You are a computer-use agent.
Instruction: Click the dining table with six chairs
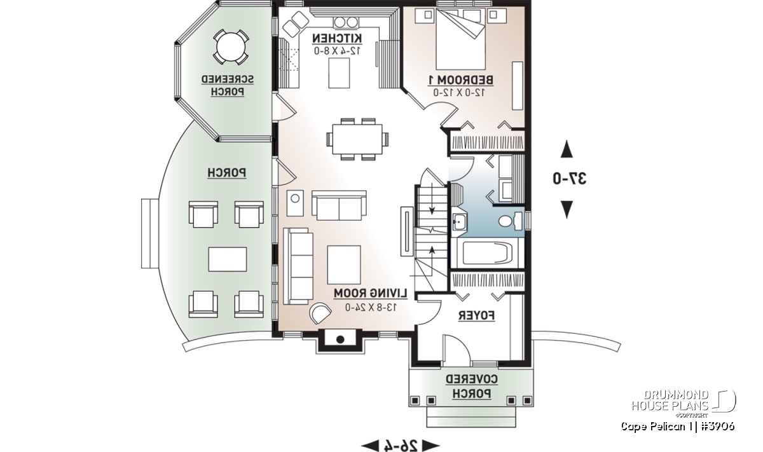356,138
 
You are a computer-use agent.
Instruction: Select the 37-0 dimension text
568,179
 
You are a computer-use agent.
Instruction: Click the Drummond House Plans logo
683,401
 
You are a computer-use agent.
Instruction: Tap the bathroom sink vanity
460,222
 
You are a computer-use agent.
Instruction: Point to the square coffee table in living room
344,264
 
